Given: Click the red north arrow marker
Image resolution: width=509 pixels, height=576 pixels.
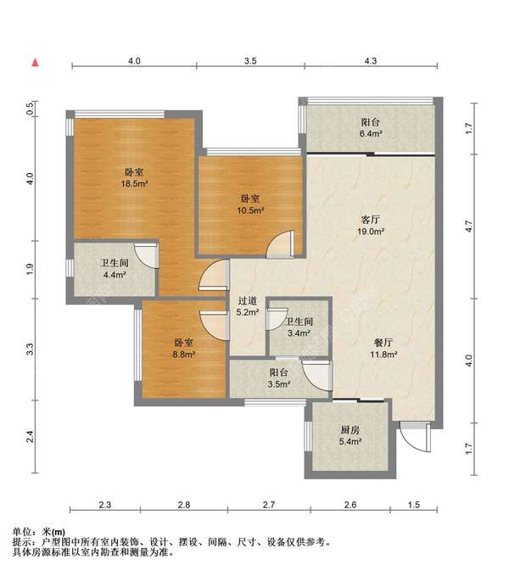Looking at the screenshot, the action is [36, 63].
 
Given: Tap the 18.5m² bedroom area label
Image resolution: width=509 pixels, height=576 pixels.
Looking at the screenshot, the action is [134, 178].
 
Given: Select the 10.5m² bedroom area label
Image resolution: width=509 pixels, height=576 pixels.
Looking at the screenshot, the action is [250, 204].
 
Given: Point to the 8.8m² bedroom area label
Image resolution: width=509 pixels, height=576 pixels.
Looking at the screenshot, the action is [183, 349].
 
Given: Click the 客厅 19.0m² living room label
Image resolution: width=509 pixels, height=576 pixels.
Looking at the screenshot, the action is [371, 226].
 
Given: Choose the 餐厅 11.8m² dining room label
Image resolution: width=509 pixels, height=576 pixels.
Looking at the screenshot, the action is [383, 349].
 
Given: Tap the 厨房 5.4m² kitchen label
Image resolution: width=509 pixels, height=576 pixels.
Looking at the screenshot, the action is [350, 435].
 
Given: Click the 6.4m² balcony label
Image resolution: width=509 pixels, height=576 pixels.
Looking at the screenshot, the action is [370, 128].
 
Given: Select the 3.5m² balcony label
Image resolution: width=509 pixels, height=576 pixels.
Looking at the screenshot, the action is [279, 378].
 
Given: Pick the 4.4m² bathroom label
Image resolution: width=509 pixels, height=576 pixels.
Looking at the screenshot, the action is [115, 269].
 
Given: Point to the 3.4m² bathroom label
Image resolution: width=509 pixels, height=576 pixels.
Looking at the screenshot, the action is [299, 327].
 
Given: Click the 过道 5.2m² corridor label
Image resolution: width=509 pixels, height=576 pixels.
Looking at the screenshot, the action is [248, 306].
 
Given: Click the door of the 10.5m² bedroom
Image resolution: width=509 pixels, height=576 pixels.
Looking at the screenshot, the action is [281, 244].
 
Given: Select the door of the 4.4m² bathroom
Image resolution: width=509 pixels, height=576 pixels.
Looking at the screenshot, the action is [146, 255].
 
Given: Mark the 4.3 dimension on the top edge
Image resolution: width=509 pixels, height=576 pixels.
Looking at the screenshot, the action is [371, 61].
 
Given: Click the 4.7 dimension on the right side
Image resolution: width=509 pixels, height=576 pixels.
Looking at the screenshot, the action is [468, 226].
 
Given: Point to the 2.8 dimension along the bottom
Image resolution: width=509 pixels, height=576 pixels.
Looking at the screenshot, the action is [184, 505].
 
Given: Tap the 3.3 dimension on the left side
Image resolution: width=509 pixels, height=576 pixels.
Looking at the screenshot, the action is [30, 349].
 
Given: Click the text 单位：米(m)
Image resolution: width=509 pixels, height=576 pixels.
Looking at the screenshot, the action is [39, 532].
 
